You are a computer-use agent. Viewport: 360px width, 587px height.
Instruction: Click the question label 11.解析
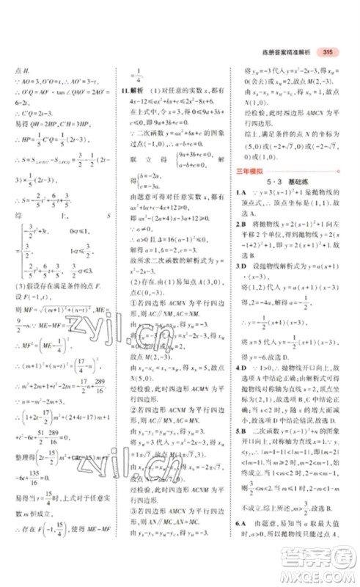[133, 92]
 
